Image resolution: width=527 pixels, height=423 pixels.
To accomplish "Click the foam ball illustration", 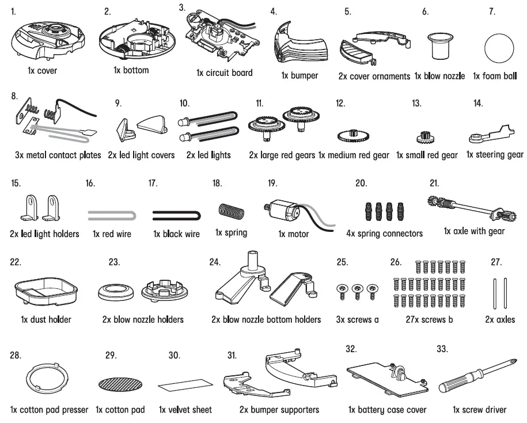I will pos(498,49).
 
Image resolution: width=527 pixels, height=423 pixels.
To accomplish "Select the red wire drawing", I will pos(112,215).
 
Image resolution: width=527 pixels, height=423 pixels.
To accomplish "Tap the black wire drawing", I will pos(176,215).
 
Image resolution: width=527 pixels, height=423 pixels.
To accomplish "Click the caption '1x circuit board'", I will pos(224,74).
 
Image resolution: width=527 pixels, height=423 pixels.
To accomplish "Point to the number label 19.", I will pos(272,184).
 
